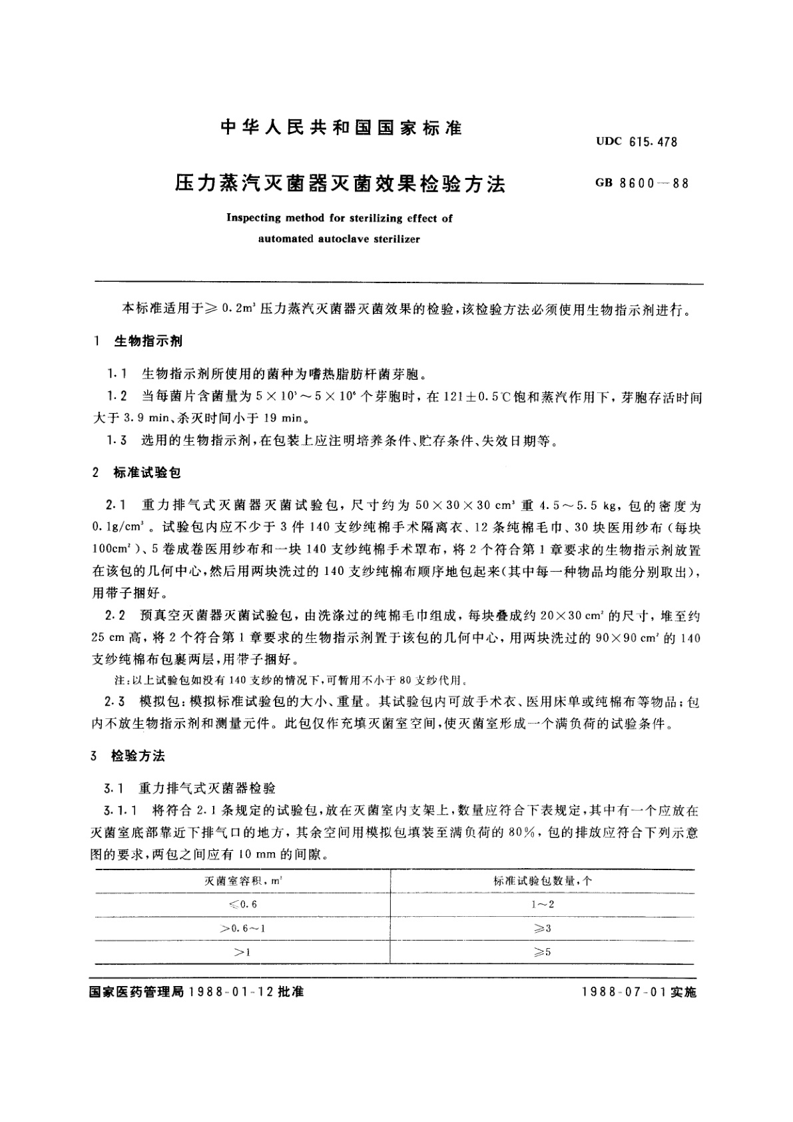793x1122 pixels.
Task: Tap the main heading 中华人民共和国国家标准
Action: [340, 128]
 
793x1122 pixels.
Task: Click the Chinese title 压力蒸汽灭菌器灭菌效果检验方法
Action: [340, 183]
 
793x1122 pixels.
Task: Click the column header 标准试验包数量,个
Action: [543, 880]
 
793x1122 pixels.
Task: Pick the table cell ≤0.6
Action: [242, 904]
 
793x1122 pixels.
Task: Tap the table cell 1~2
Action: [543, 904]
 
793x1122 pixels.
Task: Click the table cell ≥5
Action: [543, 952]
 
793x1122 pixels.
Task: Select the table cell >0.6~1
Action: [242, 928]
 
